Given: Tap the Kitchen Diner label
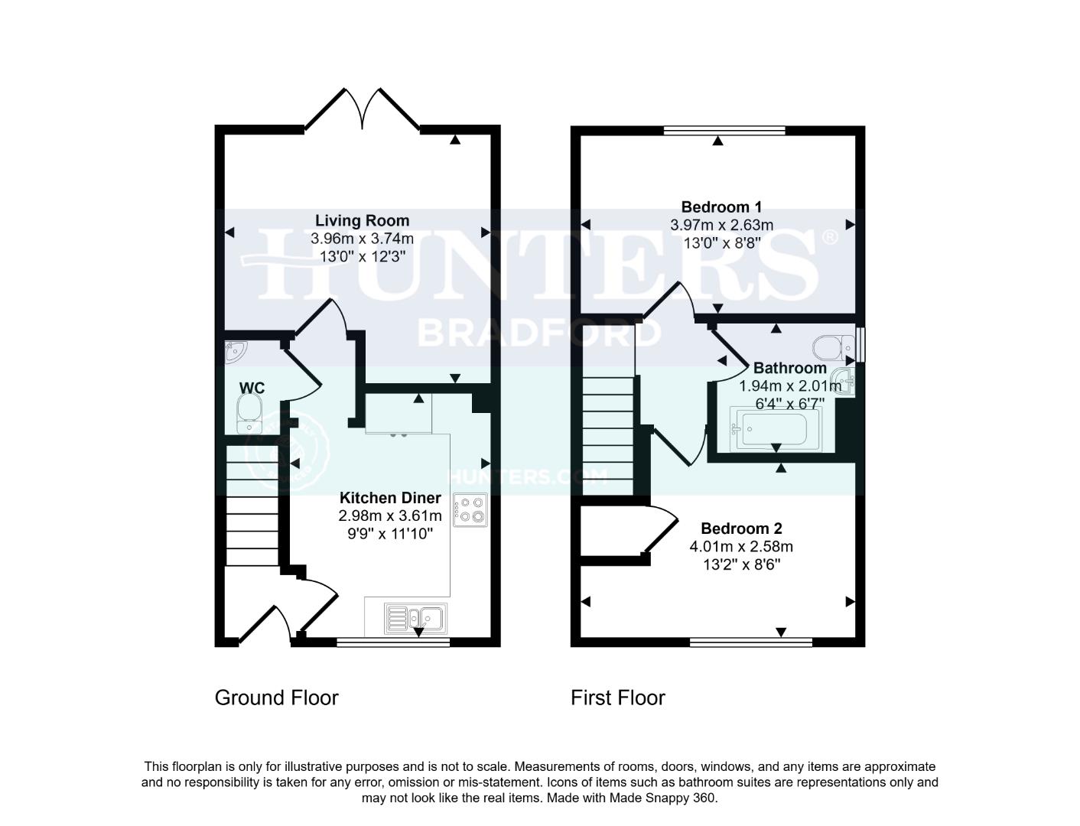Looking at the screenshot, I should pyautogui.click(x=390, y=497).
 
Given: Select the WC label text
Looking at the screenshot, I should pyautogui.click(x=252, y=388).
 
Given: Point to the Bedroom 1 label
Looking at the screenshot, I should pyautogui.click(x=721, y=206).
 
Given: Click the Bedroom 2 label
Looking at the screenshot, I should pyautogui.click(x=741, y=528).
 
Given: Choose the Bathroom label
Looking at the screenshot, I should pyautogui.click(x=789, y=368).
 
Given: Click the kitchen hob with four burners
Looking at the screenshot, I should pyautogui.click(x=470, y=510).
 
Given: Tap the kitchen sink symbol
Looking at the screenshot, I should pyautogui.click(x=416, y=617).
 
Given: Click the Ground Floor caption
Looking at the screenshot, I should pyautogui.click(x=276, y=698).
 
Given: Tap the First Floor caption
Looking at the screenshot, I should pyautogui.click(x=618, y=698).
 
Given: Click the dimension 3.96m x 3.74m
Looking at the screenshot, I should pyautogui.click(x=362, y=239).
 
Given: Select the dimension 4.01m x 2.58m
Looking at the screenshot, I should pyautogui.click(x=741, y=547).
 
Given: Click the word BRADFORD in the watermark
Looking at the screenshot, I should pyautogui.click(x=539, y=333).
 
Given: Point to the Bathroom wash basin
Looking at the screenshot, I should pyautogui.click(x=844, y=381).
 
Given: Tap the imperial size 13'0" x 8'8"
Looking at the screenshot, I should pyautogui.click(x=721, y=243).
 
